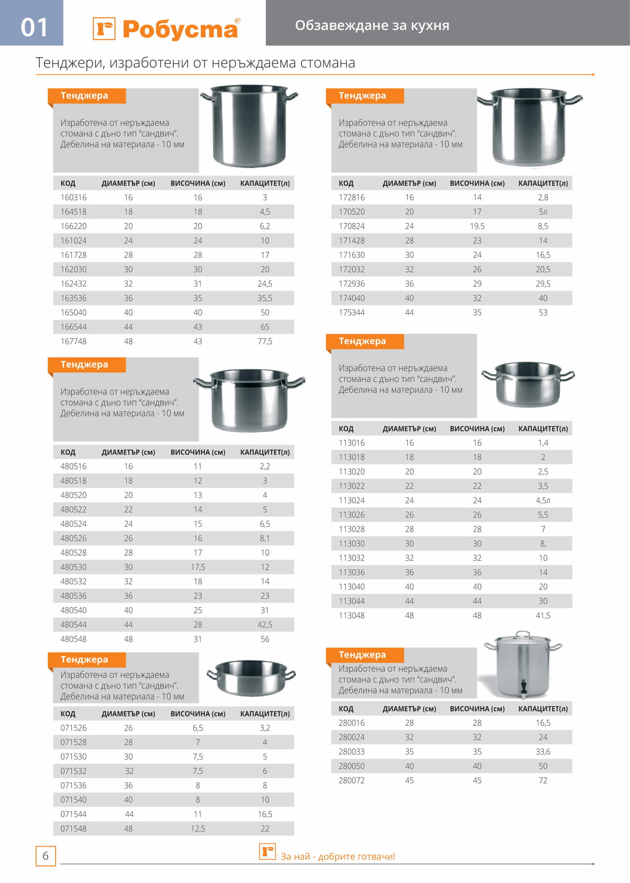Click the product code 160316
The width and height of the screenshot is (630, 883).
(x=73, y=197)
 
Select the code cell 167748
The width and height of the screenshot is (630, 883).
(x=73, y=341)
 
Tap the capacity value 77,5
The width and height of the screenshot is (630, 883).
(x=264, y=341)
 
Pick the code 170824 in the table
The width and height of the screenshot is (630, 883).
(x=351, y=226)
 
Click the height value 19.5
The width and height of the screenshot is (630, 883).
(x=477, y=226)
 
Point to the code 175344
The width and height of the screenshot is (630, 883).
(x=351, y=312)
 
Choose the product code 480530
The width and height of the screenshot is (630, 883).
(x=73, y=567)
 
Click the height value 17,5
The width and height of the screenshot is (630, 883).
(x=197, y=567)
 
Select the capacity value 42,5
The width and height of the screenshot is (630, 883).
(x=264, y=624)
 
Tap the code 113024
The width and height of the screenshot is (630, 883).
(x=351, y=500)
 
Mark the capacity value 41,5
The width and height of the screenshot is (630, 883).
(x=543, y=615)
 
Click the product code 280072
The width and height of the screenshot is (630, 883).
(x=351, y=780)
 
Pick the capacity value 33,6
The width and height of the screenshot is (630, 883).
(x=543, y=752)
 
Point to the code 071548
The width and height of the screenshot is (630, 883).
(x=73, y=828)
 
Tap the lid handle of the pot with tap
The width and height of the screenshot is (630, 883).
(x=523, y=634)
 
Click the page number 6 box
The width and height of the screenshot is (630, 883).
(x=46, y=856)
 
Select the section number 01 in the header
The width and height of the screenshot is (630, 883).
(x=34, y=27)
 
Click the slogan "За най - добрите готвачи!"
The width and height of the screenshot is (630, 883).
(x=337, y=856)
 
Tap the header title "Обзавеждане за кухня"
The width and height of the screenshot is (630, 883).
(x=372, y=26)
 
